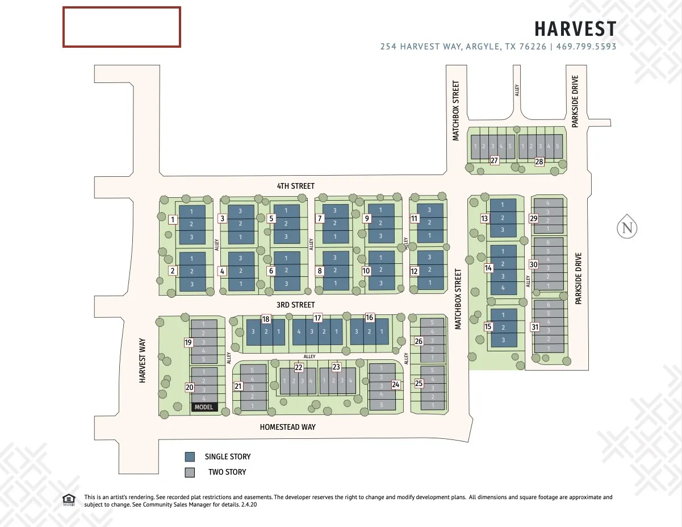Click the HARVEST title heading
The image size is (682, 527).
[575, 28]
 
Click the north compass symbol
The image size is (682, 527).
[627, 228]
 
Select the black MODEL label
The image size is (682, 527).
[204, 407]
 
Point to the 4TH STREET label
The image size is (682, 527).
[295, 186]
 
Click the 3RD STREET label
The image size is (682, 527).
[295, 305]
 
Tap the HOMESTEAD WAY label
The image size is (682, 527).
[287, 427]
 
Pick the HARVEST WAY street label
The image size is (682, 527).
[143, 360]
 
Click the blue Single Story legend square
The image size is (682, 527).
[190, 457]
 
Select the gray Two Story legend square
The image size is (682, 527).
[190, 472]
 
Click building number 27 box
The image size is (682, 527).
[494, 161]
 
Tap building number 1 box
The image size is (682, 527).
[173, 219]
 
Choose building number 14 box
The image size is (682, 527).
[488, 268]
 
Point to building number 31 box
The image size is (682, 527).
[534, 327]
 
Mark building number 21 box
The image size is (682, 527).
[239, 387]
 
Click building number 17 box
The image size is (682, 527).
[317, 318]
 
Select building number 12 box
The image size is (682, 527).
[414, 271]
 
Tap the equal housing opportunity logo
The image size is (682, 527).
[68, 499]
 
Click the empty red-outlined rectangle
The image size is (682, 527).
[122, 27]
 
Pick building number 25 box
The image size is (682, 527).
[419, 384]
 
